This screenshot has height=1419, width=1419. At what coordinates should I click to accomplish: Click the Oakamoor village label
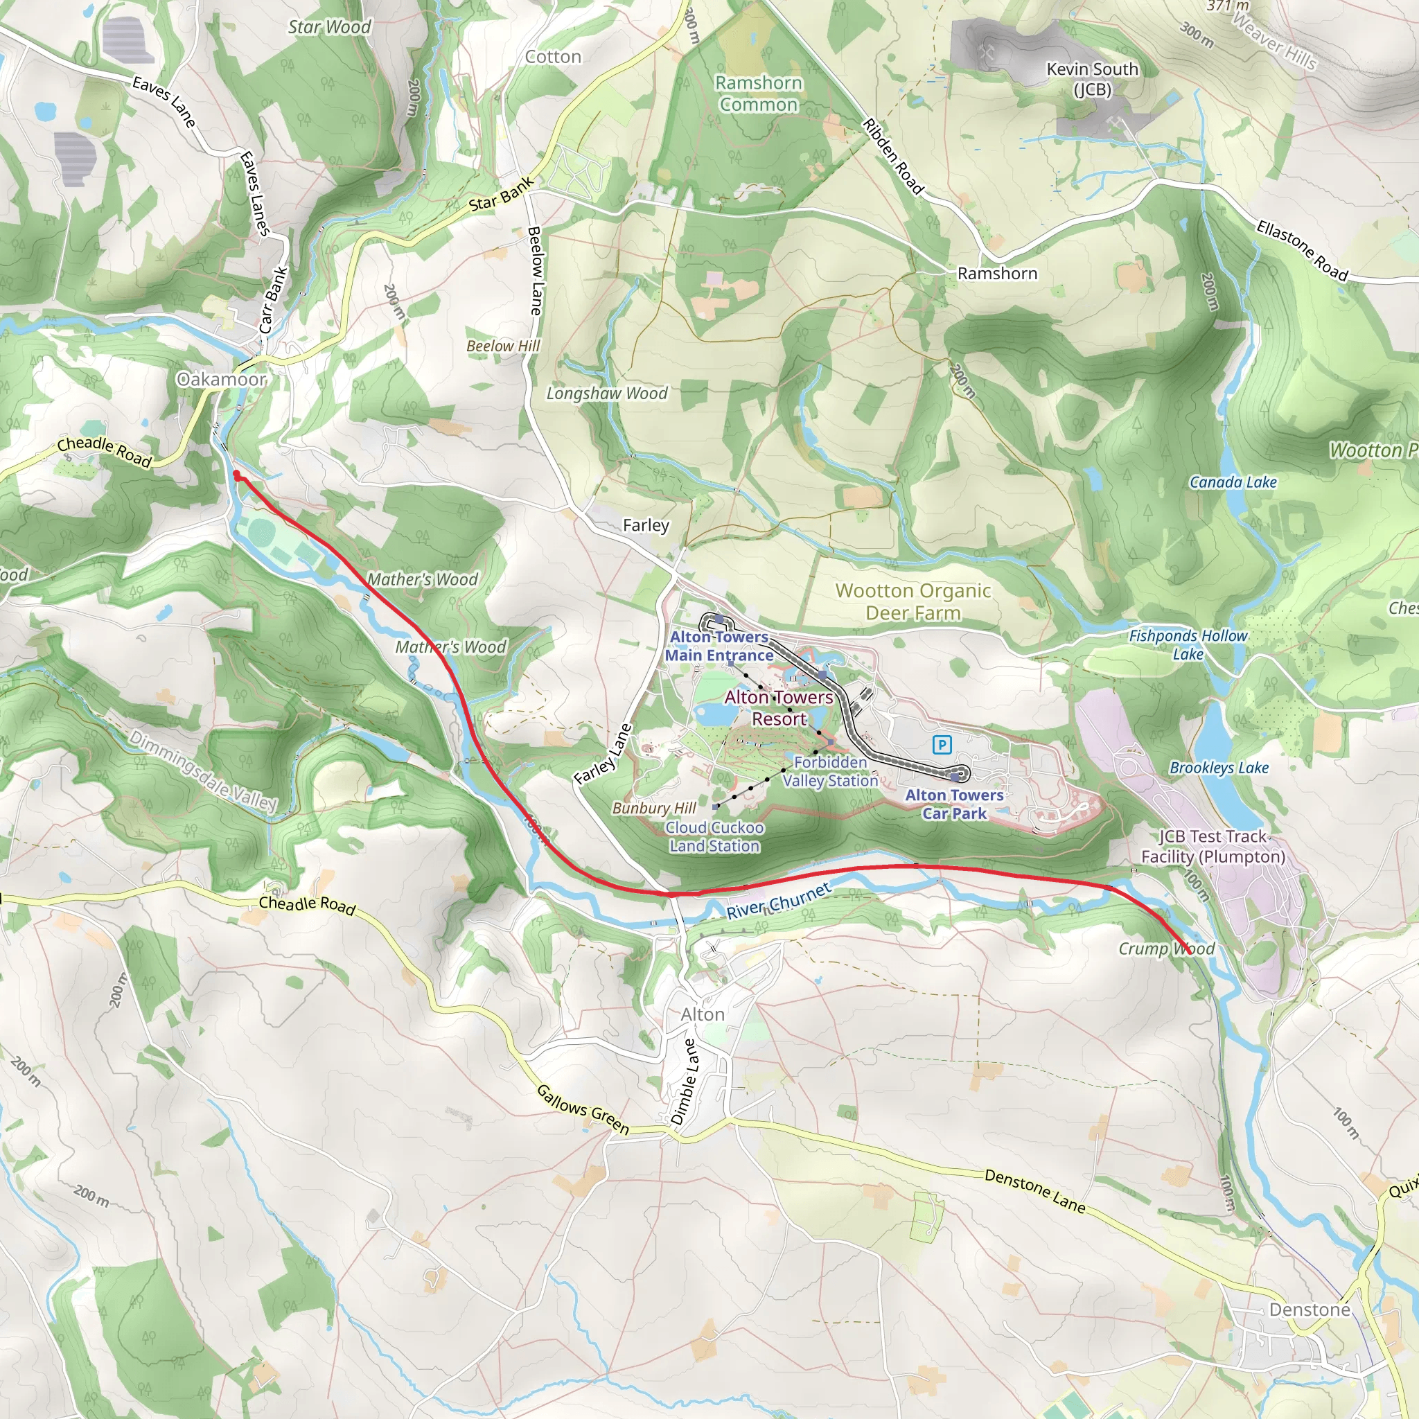click(x=221, y=379)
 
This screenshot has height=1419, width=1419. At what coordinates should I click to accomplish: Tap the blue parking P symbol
click(x=942, y=746)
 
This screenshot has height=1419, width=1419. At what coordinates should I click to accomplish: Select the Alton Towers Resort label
click(x=779, y=707)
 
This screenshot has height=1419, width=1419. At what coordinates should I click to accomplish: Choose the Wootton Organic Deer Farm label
click(x=913, y=601)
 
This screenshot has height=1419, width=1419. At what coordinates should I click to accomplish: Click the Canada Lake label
click(x=1233, y=482)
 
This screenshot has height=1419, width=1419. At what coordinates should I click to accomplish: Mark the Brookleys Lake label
click(x=1219, y=768)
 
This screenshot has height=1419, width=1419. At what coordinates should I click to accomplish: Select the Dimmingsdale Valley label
click(x=204, y=770)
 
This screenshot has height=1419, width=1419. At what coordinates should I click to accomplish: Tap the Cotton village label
click(x=553, y=57)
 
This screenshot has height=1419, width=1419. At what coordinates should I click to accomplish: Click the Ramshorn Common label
click(x=759, y=94)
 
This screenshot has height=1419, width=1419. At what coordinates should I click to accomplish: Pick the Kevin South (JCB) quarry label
click(x=1092, y=78)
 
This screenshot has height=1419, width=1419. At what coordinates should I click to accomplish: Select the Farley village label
click(x=646, y=525)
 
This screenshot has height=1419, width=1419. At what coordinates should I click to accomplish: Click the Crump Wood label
click(x=1166, y=949)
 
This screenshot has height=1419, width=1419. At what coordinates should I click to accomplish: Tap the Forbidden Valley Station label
click(x=830, y=771)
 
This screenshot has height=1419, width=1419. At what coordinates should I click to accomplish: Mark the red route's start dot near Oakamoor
click(x=236, y=476)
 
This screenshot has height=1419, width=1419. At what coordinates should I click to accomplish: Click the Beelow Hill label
click(x=503, y=346)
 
